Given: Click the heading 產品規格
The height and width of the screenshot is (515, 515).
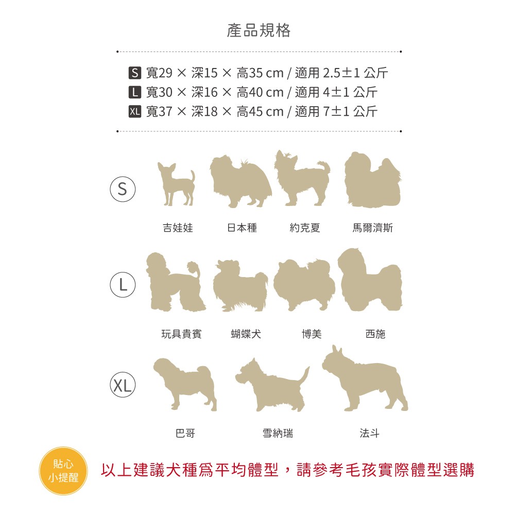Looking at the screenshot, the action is click(x=259, y=30).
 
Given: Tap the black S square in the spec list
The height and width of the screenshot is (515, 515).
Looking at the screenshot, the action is click(x=134, y=73).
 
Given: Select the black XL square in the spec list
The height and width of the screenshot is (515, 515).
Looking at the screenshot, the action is click(x=134, y=111).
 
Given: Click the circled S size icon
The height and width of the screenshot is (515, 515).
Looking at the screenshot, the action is click(x=123, y=189).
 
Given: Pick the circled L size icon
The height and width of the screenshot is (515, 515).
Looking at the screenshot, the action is click(x=123, y=284).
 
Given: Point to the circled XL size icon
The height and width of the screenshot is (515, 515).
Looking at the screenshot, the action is click(x=123, y=385).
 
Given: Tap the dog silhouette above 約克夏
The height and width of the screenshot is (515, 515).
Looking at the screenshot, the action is click(x=302, y=178).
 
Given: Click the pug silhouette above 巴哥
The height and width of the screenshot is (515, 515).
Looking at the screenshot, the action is click(x=185, y=384).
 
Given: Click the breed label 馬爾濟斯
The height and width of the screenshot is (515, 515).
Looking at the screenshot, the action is click(x=372, y=228).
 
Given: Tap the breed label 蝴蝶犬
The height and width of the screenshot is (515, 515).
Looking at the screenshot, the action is click(x=246, y=334).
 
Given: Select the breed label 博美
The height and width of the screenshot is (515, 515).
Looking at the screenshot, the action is click(x=312, y=334).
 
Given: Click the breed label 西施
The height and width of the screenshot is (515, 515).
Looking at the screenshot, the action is click(x=375, y=334).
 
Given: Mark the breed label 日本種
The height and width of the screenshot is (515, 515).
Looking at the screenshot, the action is click(x=242, y=228).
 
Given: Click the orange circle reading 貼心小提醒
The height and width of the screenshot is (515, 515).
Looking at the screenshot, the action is click(x=63, y=471).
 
